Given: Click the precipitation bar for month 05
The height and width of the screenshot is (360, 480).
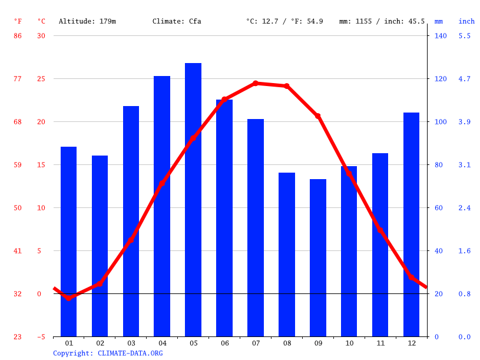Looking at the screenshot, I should [193, 200].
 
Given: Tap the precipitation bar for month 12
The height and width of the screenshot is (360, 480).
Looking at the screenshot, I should [411, 224].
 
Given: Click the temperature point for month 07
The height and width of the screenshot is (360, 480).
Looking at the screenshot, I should [256, 84].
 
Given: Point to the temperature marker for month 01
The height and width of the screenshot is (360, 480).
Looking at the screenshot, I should [69, 298].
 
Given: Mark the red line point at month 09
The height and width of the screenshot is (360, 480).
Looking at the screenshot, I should [318, 116].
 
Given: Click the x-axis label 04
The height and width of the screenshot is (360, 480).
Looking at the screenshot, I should [163, 343].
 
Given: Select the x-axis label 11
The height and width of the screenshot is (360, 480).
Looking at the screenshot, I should [380, 343].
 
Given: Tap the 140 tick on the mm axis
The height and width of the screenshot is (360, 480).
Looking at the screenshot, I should [441, 36].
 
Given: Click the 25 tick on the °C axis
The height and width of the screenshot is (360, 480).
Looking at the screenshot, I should [41, 79].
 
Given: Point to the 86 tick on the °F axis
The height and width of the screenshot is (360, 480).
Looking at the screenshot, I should [18, 36].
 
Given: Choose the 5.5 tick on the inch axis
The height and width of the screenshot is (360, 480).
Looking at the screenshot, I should [465, 36].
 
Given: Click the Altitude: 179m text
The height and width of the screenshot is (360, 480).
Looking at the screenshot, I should [87, 21].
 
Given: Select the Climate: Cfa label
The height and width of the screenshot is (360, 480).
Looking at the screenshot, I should [177, 21].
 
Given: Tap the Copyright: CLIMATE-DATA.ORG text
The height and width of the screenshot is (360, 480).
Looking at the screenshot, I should [108, 354].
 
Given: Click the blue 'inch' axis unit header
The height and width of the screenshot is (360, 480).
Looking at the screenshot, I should [466, 21].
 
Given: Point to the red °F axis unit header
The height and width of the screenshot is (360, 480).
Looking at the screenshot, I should [18, 21].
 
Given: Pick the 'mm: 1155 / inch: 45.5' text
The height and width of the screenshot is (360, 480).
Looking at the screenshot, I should [382, 21].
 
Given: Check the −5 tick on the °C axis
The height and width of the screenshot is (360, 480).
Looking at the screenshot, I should [41, 337].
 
